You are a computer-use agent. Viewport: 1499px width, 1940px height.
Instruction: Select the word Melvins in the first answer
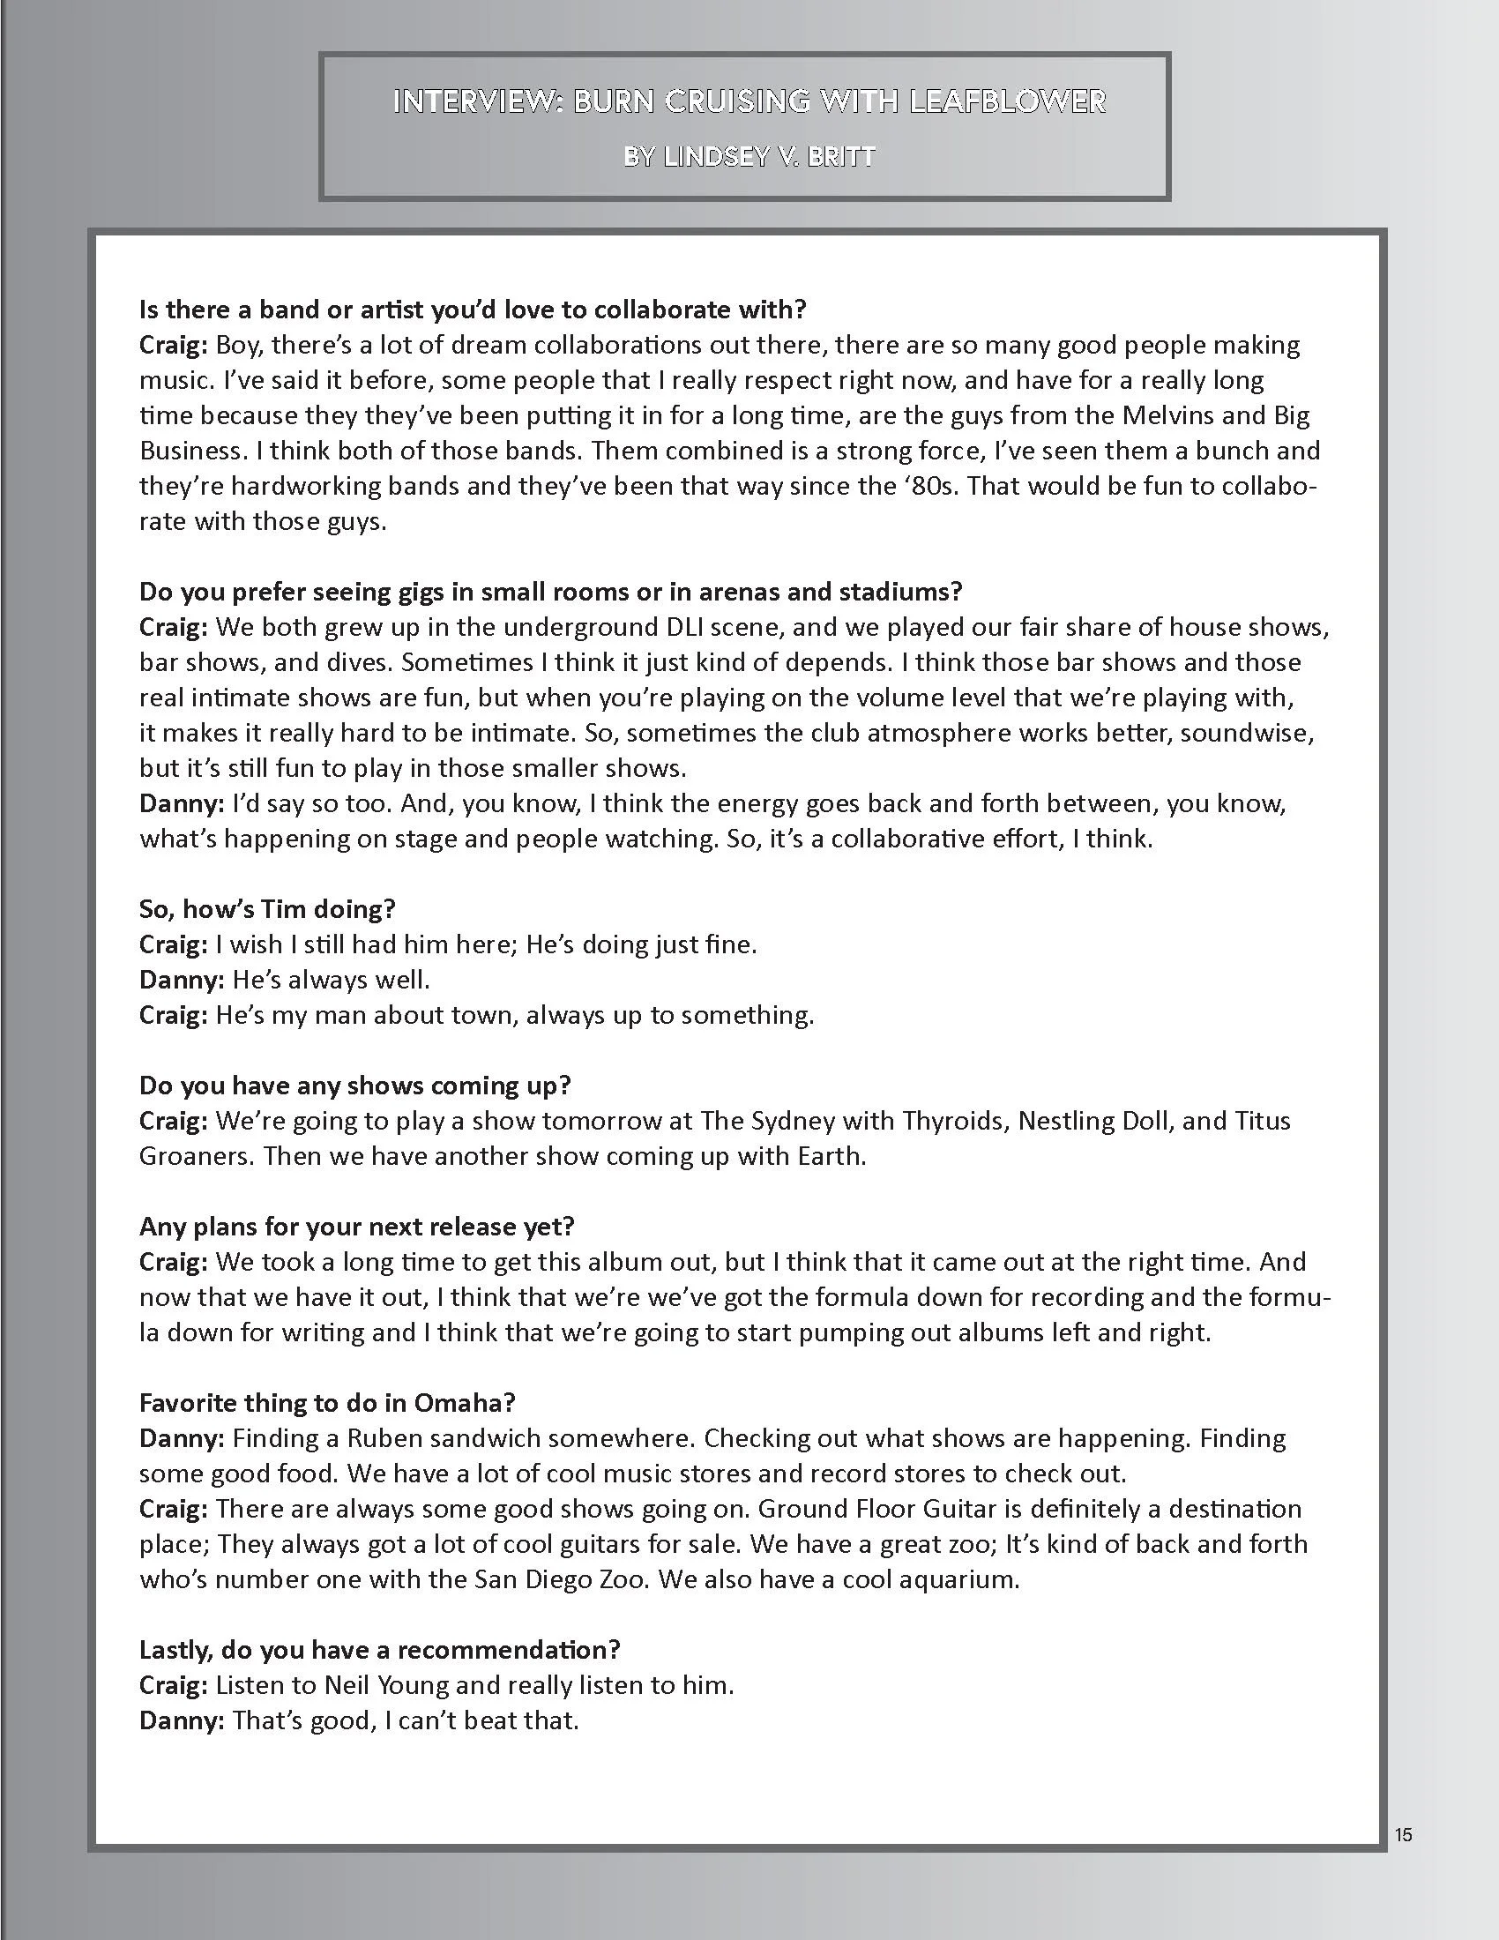(1218, 414)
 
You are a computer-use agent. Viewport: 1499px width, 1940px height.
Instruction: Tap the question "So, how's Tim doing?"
(266, 908)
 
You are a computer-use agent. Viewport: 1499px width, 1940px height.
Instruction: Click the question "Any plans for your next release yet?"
(357, 1227)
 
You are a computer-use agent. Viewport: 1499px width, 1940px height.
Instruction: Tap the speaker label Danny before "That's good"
(181, 1720)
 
